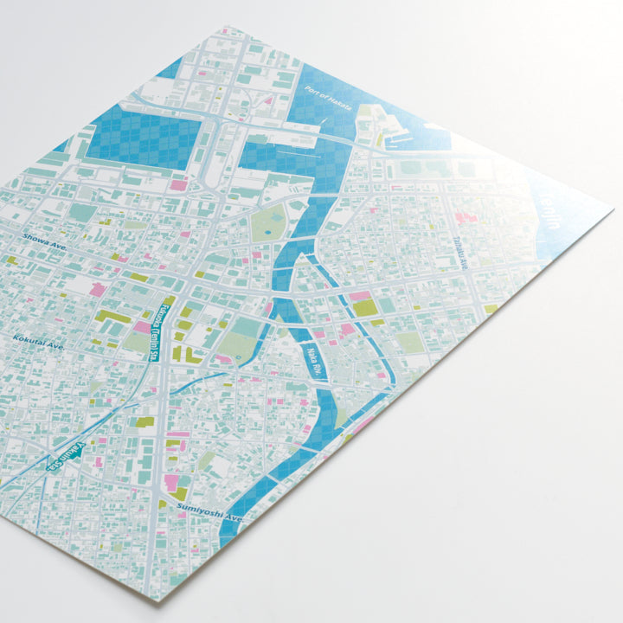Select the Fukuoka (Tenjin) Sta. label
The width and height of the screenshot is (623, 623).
click(x=164, y=333)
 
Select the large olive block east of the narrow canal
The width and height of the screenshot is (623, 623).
click(x=364, y=308)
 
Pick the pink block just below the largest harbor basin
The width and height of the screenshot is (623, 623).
click(x=178, y=184)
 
